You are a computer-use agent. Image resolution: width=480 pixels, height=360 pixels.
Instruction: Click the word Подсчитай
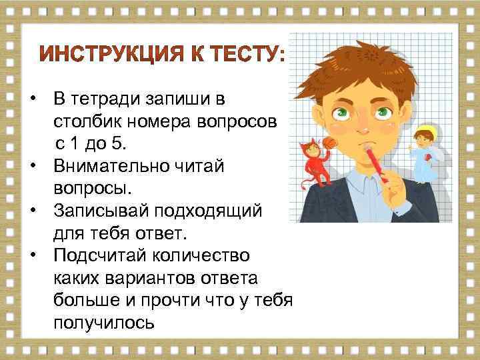pyautogui.click(x=98, y=256)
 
